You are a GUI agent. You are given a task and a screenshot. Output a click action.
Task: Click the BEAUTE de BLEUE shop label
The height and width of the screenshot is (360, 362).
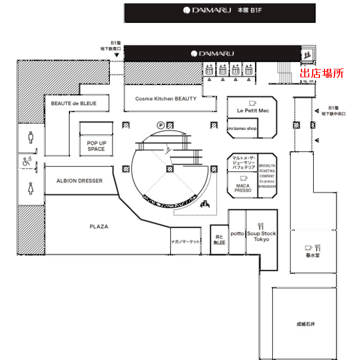point(73,104)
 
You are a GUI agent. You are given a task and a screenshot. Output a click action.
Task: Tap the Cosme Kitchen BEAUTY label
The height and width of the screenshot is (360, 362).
point(166,99)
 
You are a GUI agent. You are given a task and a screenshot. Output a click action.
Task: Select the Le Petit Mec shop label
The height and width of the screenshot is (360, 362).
point(253,110)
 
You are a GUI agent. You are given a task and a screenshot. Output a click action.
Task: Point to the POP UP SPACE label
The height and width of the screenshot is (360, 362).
point(96,146)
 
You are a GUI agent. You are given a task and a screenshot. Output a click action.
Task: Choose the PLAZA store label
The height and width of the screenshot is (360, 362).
point(99,227)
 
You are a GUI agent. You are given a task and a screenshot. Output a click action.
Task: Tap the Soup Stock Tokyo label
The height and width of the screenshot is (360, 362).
point(262,236)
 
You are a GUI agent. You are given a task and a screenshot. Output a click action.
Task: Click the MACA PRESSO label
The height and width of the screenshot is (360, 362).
point(243,188)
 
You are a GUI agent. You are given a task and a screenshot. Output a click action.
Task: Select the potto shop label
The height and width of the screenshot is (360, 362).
point(237,233)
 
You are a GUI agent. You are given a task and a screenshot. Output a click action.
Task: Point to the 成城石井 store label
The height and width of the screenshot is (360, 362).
point(305,324)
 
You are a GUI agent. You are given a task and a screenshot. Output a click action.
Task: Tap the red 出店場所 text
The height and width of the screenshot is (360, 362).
point(322,73)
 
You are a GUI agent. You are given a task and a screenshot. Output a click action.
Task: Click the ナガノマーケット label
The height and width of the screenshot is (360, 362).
point(185,241)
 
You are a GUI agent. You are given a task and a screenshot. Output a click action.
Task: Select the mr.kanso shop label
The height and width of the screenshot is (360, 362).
point(243,128)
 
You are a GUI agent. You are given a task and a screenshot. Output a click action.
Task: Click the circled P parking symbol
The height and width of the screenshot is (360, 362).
point(161,125)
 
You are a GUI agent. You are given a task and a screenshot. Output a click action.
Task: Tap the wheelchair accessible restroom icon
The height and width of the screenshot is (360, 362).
point(27,161)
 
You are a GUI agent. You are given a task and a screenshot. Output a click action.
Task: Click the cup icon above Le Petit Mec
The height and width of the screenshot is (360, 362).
point(253,103)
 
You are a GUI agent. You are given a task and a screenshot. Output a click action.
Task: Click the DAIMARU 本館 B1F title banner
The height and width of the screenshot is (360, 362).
point(220,11)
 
